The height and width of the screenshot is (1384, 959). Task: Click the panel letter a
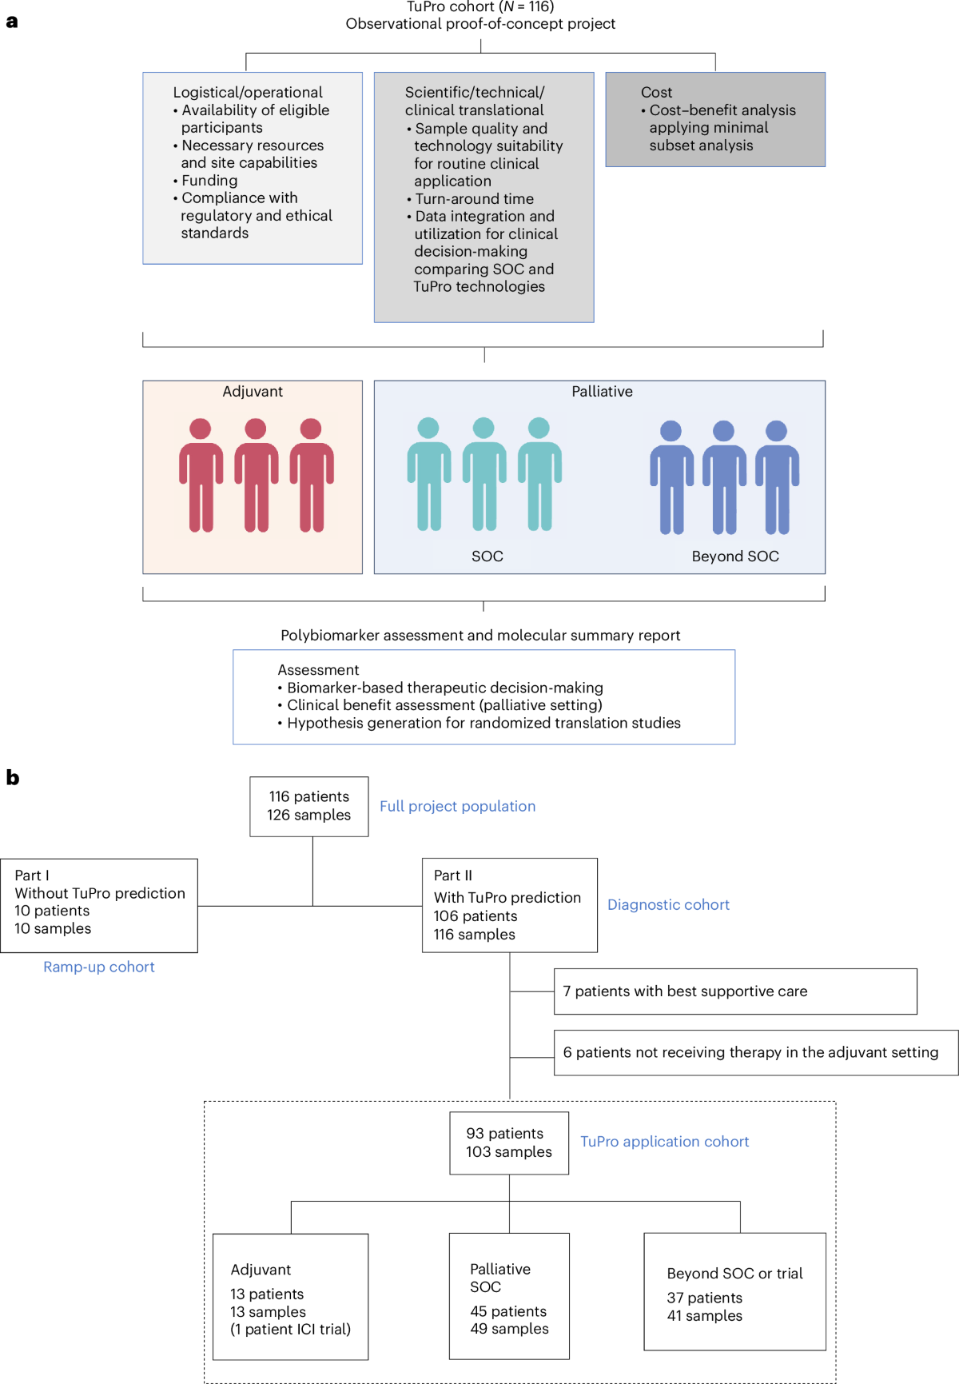point(12,22)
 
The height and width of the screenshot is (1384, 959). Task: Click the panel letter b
point(13,777)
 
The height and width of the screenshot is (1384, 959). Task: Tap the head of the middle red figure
point(256,429)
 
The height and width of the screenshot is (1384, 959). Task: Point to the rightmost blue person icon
point(777,477)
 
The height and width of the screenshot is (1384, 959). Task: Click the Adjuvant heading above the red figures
point(253,391)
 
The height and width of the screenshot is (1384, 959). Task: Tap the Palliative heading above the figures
point(602,391)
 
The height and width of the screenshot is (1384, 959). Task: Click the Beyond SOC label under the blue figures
point(735,556)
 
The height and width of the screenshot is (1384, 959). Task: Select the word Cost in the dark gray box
point(656,92)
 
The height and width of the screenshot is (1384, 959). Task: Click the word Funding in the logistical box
point(209,180)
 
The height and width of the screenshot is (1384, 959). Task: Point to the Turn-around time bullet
point(474,198)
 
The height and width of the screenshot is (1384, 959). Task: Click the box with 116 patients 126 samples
point(309,806)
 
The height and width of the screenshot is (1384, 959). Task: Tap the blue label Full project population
point(457,806)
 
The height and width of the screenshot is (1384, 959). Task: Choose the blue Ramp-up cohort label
point(99,967)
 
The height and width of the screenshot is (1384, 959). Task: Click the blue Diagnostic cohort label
point(668,904)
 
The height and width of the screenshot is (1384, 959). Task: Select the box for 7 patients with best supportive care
point(734,991)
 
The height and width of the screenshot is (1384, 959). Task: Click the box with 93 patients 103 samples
point(509,1143)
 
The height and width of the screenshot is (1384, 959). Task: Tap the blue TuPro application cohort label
point(664,1142)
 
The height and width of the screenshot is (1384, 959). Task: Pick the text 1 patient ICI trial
point(291,1329)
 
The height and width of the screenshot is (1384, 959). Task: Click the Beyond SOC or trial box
point(734,1291)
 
